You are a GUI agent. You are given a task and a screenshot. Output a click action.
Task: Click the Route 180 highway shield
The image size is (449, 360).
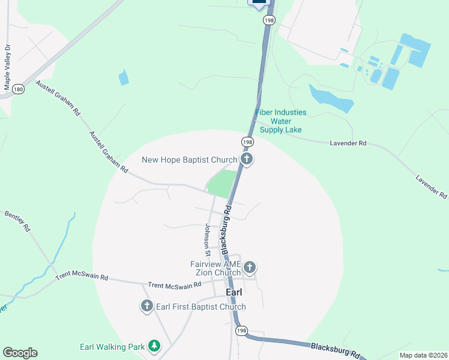(19, 89)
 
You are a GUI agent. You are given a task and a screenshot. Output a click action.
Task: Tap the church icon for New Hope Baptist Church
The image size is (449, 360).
(246, 159)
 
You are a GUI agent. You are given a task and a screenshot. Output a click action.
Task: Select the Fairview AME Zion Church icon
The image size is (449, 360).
(250, 267)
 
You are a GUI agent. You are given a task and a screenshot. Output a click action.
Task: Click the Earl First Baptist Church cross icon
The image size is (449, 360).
(146, 306)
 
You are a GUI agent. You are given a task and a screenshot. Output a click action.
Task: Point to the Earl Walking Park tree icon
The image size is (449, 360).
(155, 346)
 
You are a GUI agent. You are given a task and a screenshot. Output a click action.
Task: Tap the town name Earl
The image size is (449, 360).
(234, 292)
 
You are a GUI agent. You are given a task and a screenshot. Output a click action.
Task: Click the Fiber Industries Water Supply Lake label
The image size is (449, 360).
(280, 121)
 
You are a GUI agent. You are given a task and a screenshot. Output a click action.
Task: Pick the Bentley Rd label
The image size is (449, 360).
(17, 221)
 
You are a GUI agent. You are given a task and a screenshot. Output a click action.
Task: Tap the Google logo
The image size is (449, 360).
(20, 353)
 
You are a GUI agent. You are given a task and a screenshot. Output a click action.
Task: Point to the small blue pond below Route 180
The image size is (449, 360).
(124, 77)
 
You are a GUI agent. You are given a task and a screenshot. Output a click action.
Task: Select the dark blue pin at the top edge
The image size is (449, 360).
(259, 3)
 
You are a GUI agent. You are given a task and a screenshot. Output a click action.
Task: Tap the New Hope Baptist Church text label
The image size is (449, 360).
(189, 160)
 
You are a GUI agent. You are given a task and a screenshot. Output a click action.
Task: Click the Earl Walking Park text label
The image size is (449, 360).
(112, 347)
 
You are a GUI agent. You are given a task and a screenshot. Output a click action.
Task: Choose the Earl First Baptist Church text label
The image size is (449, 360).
(200, 307)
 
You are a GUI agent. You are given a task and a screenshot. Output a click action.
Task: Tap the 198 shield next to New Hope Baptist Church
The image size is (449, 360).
(247, 142)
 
